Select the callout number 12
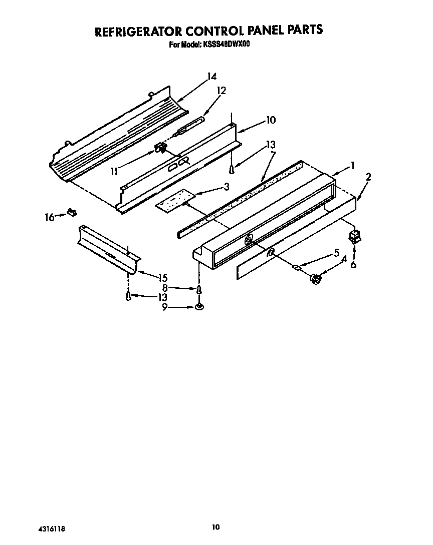pyautogui.click(x=221, y=91)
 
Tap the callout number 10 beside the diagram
pyautogui.click(x=271, y=120)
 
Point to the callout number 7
pyautogui.click(x=273, y=154)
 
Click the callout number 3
pyautogui.click(x=227, y=187)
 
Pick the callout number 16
pyautogui.click(x=49, y=217)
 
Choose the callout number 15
pyautogui.click(x=162, y=278)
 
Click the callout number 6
pyautogui.click(x=353, y=264)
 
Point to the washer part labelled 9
pyautogui.click(x=199, y=306)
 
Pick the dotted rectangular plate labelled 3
pyautogui.click(x=174, y=199)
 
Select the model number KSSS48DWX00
pyautogui.click(x=227, y=45)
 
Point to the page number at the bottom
pyautogui.click(x=215, y=526)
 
